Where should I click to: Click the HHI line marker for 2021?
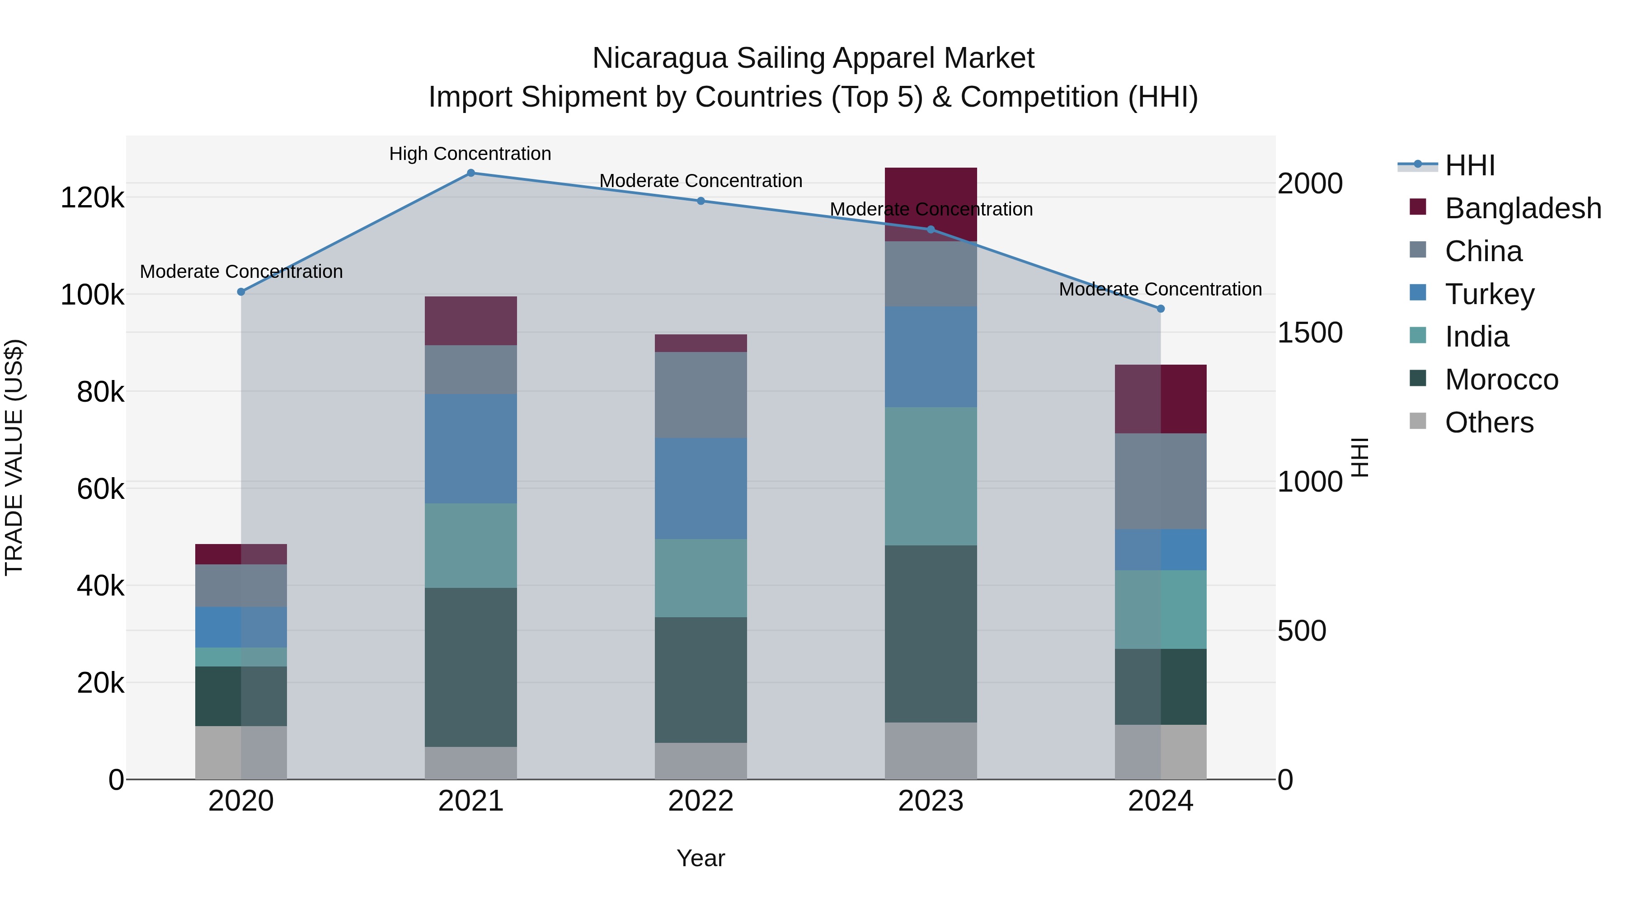470,173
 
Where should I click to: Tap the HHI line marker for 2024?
1160,309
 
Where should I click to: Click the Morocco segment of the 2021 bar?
470,667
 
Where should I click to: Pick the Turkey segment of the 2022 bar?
701,488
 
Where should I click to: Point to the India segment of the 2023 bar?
931,476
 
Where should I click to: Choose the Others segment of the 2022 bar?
701,761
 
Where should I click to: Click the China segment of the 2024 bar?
1160,481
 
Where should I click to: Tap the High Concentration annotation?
470,154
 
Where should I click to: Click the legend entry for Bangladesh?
1523,208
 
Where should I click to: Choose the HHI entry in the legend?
1470,165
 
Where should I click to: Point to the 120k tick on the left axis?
92,197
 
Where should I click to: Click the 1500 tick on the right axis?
1310,333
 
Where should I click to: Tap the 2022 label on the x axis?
701,801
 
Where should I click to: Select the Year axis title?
701,858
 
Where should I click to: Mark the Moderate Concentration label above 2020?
241,272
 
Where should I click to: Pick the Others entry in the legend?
1489,422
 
